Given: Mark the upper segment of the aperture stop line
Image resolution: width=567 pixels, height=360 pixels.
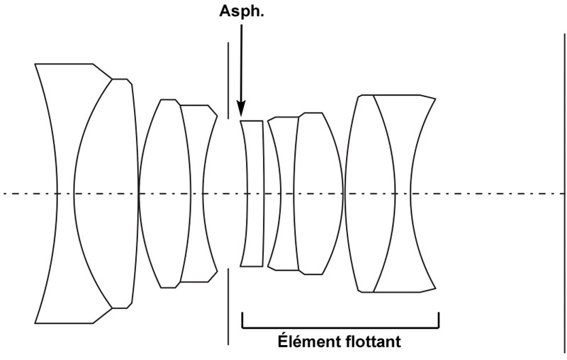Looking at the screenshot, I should click(x=228, y=78).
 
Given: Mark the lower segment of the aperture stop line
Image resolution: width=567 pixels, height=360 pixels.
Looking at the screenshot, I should click(x=228, y=305).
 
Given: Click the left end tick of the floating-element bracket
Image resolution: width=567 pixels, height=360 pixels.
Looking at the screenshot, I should click(x=242, y=320).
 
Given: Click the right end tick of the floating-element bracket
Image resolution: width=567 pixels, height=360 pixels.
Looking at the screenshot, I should click(x=439, y=320).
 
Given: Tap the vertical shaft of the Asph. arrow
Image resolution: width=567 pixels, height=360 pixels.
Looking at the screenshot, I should click(x=241, y=64).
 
